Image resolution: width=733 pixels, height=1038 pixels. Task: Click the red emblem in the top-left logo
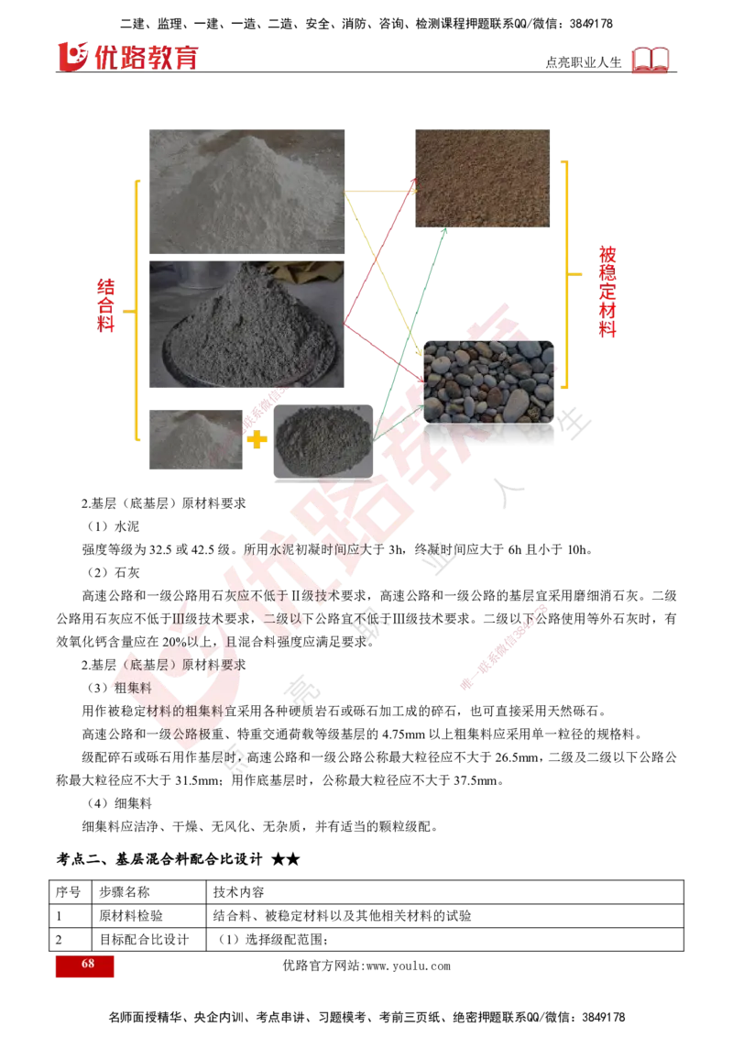pos(71,56)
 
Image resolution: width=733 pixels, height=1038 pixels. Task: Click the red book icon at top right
pos(651,61)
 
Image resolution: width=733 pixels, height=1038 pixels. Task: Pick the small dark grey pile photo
pos(323,442)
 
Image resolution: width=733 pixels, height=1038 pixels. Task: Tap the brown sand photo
pos(484,179)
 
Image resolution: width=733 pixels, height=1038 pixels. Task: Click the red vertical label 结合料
pos(106,308)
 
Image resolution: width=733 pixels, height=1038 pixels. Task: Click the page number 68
pos(88,964)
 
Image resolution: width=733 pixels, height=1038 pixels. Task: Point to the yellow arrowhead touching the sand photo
pos(411,193)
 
